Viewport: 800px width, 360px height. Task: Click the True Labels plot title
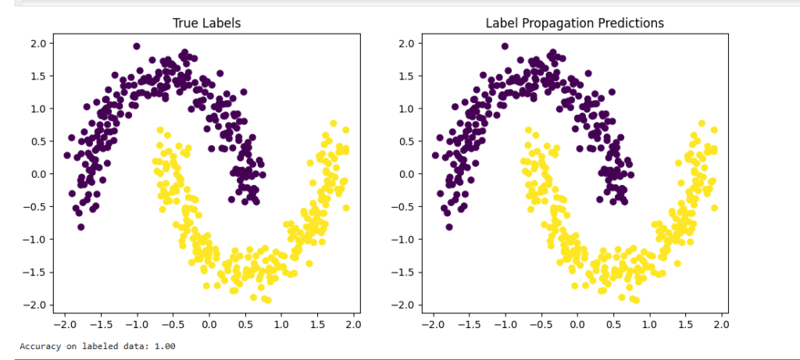[x=206, y=23]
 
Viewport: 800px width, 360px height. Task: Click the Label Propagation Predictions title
[x=574, y=23]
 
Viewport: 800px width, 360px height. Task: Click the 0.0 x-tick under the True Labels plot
[x=209, y=323]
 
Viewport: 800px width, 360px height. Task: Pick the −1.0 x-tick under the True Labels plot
[x=134, y=323]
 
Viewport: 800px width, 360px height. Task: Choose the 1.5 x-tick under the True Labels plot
[x=317, y=323]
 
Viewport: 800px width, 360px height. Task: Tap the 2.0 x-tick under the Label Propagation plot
[x=721, y=323]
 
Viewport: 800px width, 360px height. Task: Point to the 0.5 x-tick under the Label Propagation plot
[x=612, y=323]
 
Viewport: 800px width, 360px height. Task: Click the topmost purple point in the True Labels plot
[x=137, y=47]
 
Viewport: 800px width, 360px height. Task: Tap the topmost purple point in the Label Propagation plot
[x=505, y=47]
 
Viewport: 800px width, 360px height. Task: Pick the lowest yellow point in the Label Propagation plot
[x=635, y=300]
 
